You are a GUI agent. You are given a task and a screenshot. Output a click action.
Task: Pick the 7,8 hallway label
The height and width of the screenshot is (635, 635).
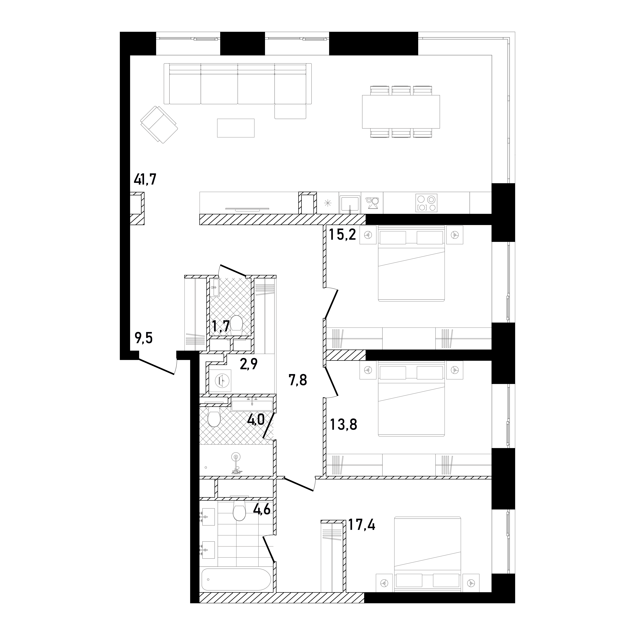298,380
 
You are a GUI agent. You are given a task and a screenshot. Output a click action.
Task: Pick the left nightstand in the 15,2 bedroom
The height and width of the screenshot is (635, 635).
368,235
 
